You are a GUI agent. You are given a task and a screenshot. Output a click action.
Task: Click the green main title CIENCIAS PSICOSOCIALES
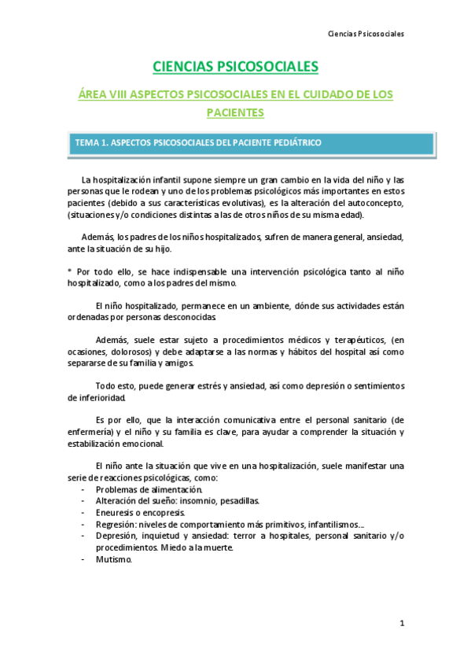[x=234, y=68]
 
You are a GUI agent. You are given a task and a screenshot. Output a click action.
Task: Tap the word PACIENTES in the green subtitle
[x=234, y=112]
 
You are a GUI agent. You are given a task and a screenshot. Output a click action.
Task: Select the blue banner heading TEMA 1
[x=197, y=143]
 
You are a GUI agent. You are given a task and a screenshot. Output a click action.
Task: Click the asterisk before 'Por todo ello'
[x=69, y=271]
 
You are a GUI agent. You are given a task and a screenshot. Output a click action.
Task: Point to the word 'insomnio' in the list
[x=193, y=501]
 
